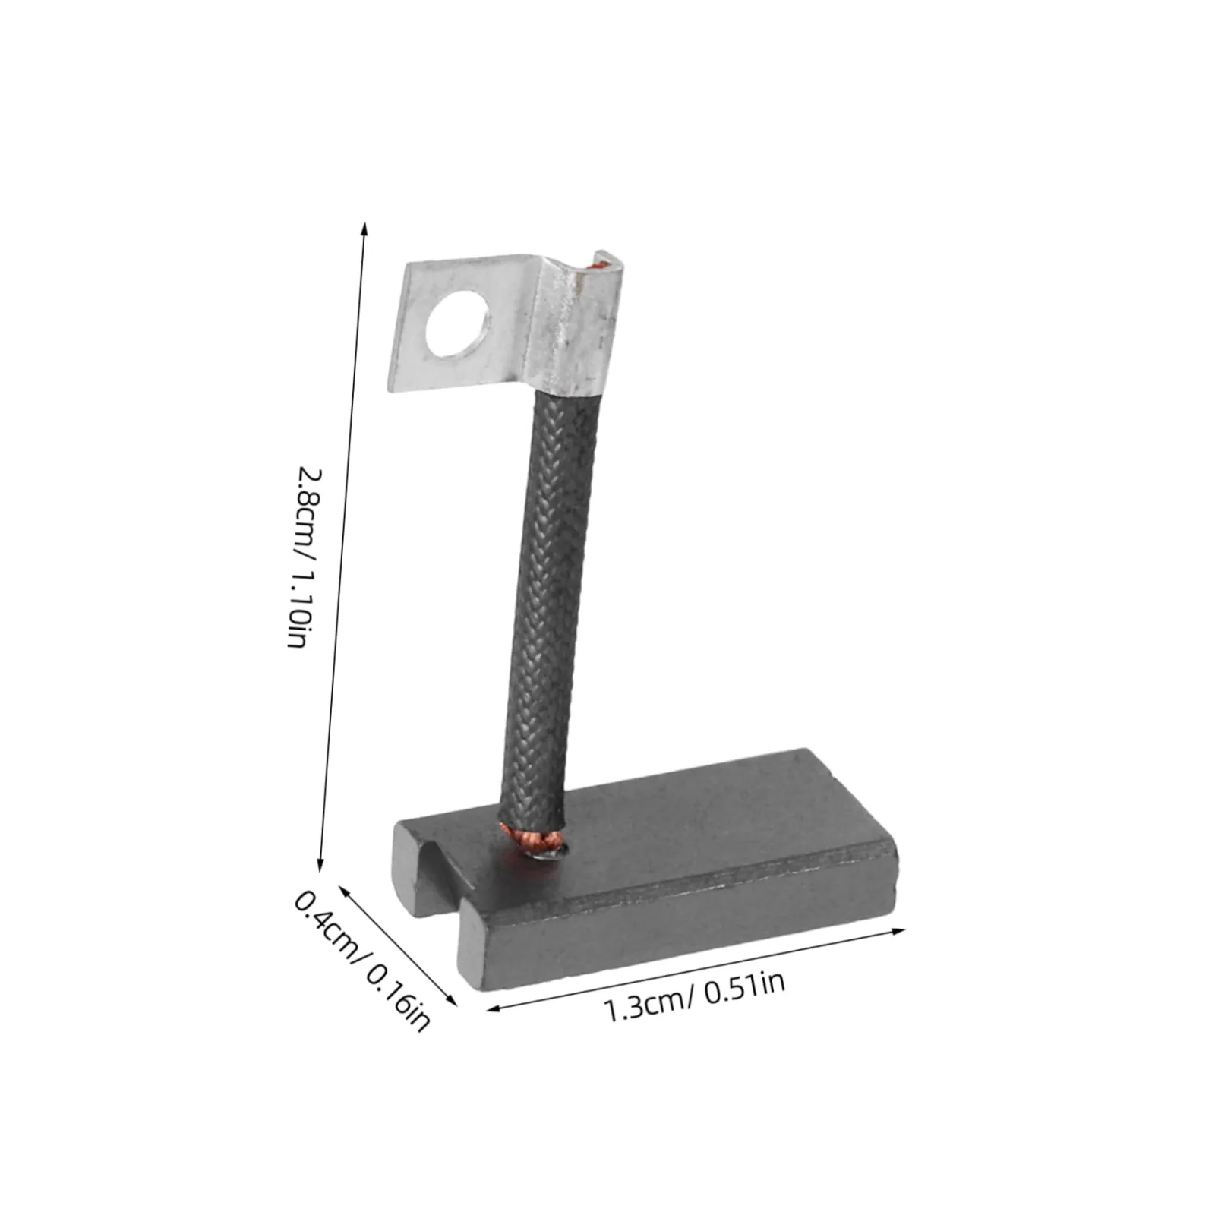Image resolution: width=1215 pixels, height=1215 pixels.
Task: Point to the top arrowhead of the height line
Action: coord(365,227)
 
